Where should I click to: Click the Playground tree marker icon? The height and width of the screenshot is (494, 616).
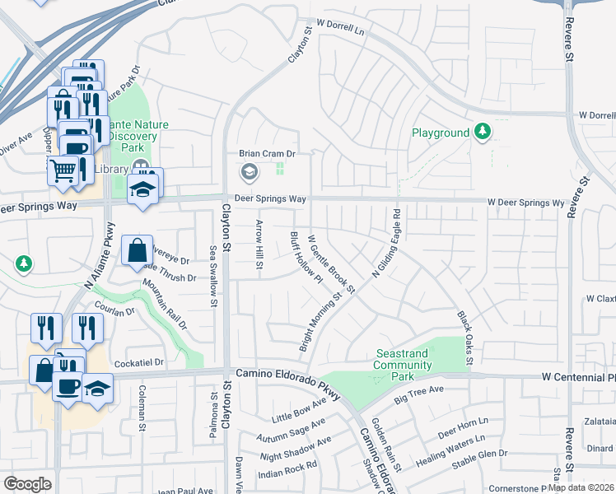[483, 132]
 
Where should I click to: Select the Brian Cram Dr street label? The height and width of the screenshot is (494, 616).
[267, 153]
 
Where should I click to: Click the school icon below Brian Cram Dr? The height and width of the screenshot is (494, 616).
[248, 173]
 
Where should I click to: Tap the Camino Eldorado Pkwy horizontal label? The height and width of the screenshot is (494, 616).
[287, 374]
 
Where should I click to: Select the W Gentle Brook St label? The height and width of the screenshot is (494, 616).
[331, 264]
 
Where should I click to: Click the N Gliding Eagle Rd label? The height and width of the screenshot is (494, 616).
[386, 244]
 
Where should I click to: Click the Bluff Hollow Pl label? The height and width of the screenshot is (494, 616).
[306, 257]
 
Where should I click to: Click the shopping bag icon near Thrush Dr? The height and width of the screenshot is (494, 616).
[137, 250]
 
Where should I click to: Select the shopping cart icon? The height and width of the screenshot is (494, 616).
[63, 170]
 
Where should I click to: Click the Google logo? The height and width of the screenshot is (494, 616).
[27, 484]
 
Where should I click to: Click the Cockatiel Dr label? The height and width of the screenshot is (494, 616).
[141, 361]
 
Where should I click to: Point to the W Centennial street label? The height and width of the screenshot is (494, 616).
[577, 376]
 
